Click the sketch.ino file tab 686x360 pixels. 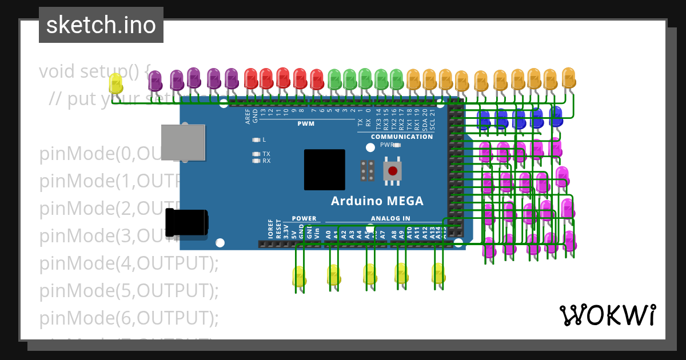click(101, 25)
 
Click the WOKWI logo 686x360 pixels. click(607, 315)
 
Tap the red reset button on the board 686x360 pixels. click(392, 170)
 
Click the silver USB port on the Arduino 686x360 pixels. click(183, 142)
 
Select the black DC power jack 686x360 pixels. click(186, 222)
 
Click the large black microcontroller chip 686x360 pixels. click(324, 170)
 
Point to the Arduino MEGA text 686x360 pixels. click(377, 201)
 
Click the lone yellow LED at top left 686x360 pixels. click(115, 84)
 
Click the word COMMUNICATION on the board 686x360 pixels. click(402, 137)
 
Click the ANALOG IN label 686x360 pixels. click(390, 218)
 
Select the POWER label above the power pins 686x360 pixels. click(304, 218)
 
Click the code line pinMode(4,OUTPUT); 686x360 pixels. click(129, 263)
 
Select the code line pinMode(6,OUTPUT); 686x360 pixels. click(129, 318)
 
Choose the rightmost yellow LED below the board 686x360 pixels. click(438, 273)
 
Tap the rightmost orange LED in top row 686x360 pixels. click(568, 78)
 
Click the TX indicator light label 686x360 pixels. click(266, 154)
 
